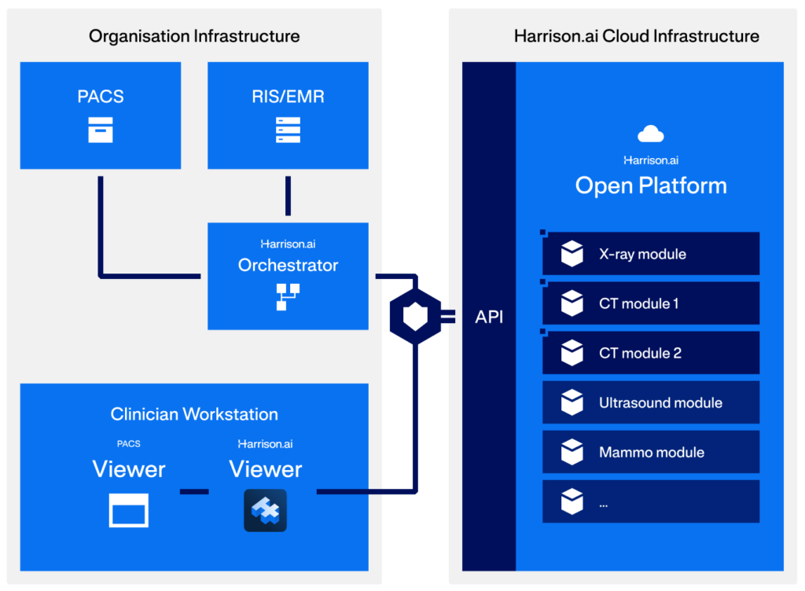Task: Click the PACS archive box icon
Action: (100, 130)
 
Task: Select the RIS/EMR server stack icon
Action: (288, 130)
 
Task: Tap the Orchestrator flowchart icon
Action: (288, 296)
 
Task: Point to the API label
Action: (489, 318)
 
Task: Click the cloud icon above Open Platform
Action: (651, 134)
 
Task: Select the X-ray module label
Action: (642, 255)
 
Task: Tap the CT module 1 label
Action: (638, 303)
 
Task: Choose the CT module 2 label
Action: (640, 353)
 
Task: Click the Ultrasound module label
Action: (660, 403)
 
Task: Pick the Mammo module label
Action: (651, 453)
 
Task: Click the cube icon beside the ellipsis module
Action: (572, 501)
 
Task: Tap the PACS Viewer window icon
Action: (129, 511)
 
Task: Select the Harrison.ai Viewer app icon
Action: (266, 510)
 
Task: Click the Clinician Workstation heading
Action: (194, 414)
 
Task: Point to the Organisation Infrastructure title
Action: (194, 36)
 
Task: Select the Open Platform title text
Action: (651, 185)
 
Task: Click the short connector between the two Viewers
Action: (194, 492)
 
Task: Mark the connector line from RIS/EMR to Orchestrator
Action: (288, 196)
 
